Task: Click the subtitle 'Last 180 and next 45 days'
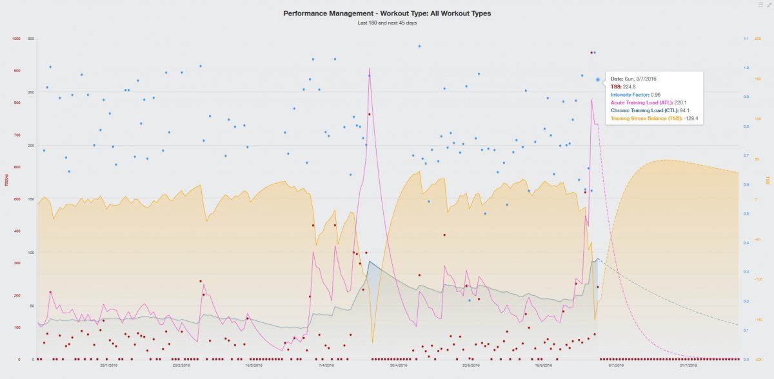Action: (386, 23)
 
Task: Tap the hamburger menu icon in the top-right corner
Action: (760, 5)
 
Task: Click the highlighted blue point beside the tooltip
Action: (598, 80)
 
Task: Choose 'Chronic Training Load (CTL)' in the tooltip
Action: (645, 110)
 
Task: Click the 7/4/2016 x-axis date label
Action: (326, 365)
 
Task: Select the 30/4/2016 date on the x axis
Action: (398, 365)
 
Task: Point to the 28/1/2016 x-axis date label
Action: (108, 365)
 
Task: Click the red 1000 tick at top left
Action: (16, 39)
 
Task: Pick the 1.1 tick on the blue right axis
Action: (746, 39)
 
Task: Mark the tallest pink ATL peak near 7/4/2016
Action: (369, 68)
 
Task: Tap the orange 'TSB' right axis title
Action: (768, 180)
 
